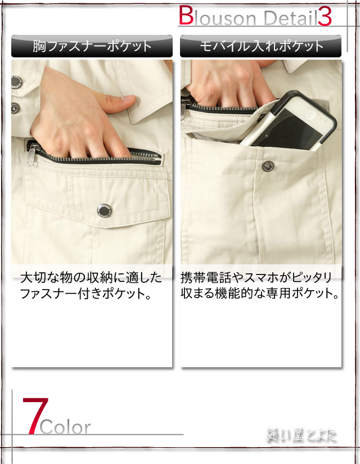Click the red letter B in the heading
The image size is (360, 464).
(186, 16)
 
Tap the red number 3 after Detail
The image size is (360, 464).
(325, 17)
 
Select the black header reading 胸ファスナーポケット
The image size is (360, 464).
(92, 46)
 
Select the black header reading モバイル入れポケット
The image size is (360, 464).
(260, 46)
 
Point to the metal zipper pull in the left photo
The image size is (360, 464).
(33, 150)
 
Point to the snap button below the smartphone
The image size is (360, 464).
(265, 165)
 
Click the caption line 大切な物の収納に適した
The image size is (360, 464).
(91, 277)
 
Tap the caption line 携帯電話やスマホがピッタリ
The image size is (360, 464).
(256, 277)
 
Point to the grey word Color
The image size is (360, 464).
(65, 427)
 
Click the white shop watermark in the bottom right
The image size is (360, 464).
(301, 435)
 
